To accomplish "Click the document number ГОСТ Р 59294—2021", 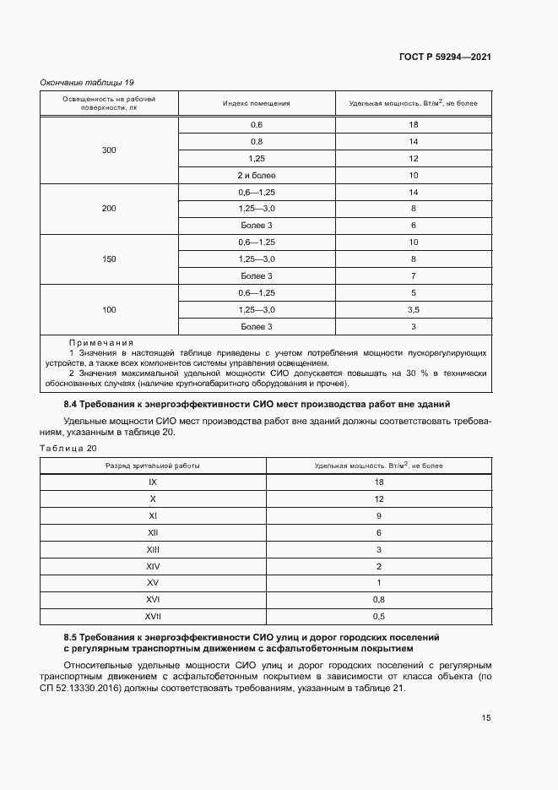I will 444,57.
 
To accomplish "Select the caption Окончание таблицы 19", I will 88,82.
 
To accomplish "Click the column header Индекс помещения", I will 257,103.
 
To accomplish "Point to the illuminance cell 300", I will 109,150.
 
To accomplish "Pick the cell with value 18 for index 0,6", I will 414,125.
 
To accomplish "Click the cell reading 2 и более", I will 257,176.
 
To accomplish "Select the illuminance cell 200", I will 109,208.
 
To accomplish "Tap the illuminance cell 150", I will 109,259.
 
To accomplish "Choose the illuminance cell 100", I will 109,310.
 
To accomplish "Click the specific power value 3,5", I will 414,310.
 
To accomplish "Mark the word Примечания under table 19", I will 101,342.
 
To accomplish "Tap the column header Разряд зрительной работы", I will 153,466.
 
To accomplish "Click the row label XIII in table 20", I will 153,549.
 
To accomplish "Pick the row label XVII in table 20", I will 153,617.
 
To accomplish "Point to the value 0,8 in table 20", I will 379,600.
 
